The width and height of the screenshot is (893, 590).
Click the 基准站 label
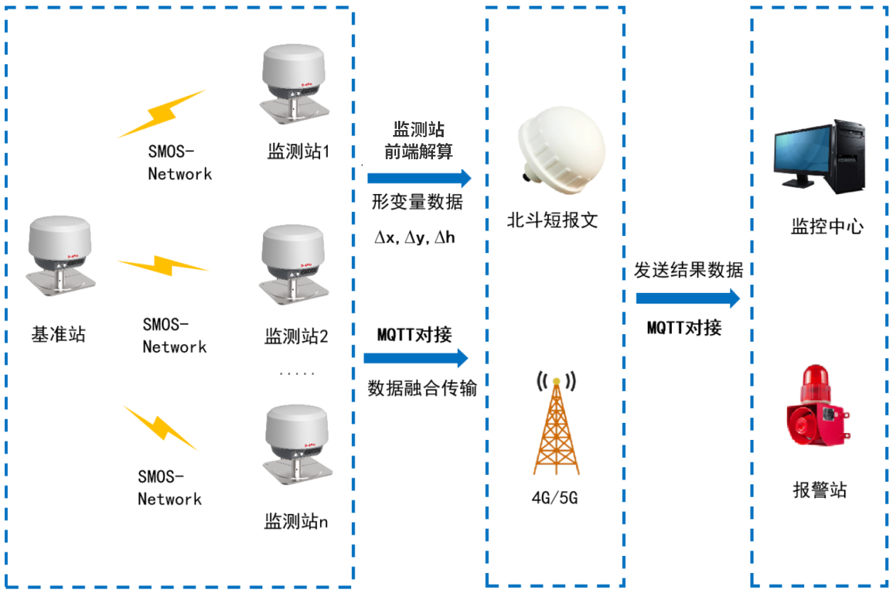(58, 334)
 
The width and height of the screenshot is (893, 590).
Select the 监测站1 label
(298, 151)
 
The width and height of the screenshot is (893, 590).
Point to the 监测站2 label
(296, 336)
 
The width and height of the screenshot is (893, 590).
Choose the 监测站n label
(296, 522)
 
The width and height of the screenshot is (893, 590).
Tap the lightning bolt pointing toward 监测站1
(162, 114)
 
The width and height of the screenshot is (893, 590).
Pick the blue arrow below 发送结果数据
(688, 299)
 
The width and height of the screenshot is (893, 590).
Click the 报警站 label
(820, 490)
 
